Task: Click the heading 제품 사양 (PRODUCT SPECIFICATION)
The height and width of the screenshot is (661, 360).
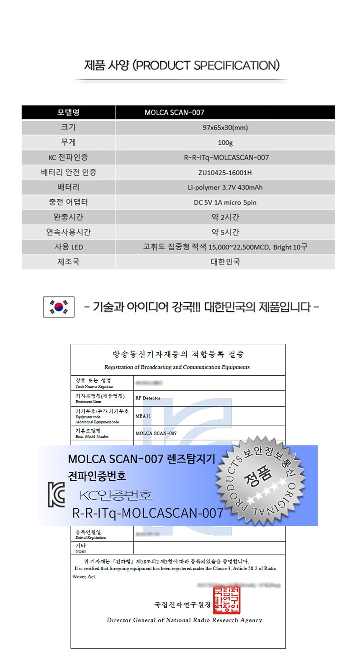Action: pyautogui.click(x=182, y=66)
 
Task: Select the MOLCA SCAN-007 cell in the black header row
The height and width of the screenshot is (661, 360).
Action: pyautogui.click(x=175, y=113)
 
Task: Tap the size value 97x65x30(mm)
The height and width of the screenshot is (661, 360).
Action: pyautogui.click(x=225, y=128)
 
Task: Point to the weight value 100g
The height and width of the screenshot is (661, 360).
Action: pyautogui.click(x=225, y=143)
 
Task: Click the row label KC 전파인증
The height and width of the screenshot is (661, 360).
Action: pyautogui.click(x=68, y=158)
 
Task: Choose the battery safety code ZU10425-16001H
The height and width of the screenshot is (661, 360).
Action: pyautogui.click(x=225, y=172)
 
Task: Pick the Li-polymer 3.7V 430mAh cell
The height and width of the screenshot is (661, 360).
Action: pyautogui.click(x=225, y=187)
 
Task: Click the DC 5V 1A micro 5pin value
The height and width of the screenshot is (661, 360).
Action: pyautogui.click(x=225, y=202)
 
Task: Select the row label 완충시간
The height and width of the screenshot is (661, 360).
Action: pyautogui.click(x=68, y=217)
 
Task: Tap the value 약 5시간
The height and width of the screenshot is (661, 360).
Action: pyautogui.click(x=225, y=232)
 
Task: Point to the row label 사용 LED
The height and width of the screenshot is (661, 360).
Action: pyautogui.click(x=68, y=247)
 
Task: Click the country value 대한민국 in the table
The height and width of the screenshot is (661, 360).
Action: pyautogui.click(x=225, y=262)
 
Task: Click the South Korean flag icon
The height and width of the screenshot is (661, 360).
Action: pyautogui.click(x=59, y=307)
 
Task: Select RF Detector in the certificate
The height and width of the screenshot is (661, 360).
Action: pyautogui.click(x=148, y=398)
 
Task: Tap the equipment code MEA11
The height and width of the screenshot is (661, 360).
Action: pyautogui.click(x=143, y=416)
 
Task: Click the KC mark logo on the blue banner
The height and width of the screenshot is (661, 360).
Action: pyautogui.click(x=57, y=494)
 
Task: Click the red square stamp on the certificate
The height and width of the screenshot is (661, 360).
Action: pyautogui.click(x=226, y=600)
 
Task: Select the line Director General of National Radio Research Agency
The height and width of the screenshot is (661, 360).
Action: pyautogui.click(x=184, y=620)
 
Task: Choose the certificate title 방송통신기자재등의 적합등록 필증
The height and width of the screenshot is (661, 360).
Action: pyautogui.click(x=178, y=354)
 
